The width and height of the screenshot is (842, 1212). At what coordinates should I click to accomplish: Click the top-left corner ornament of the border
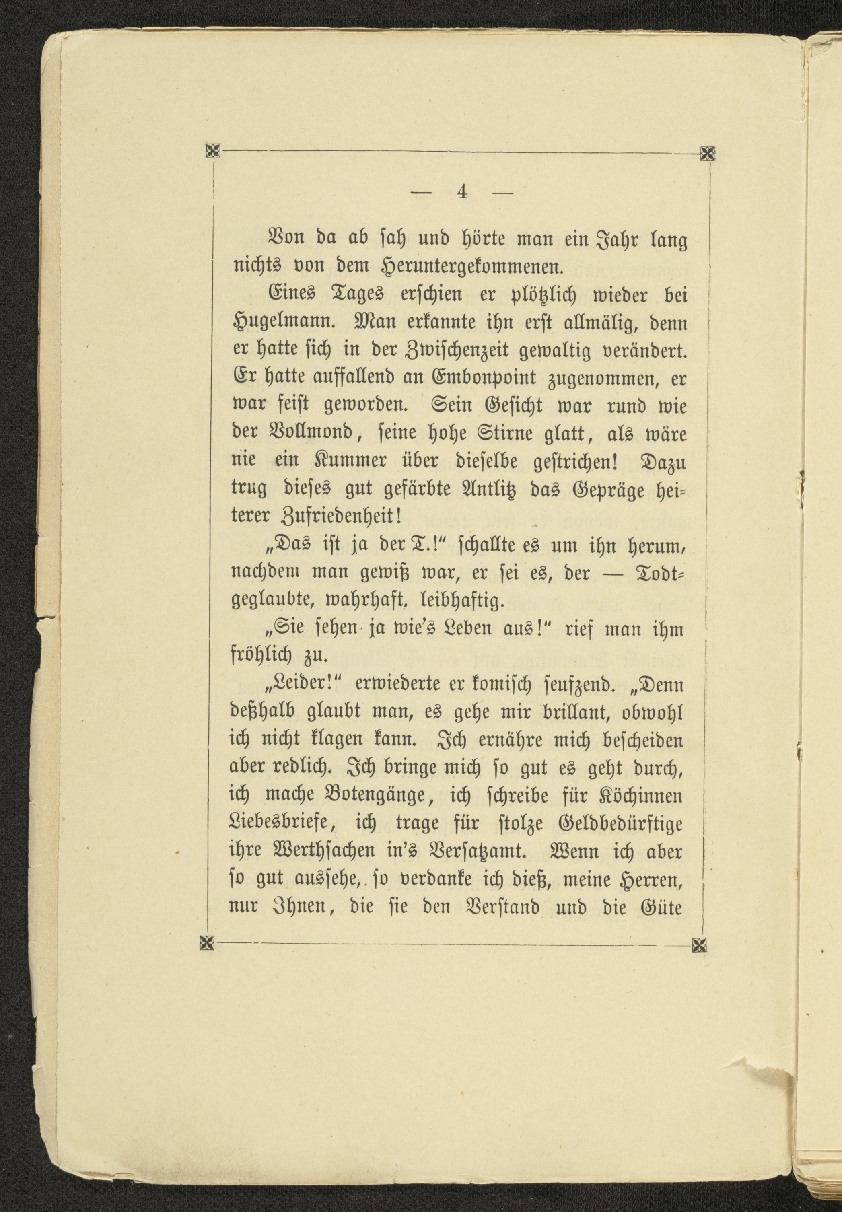point(212,151)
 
